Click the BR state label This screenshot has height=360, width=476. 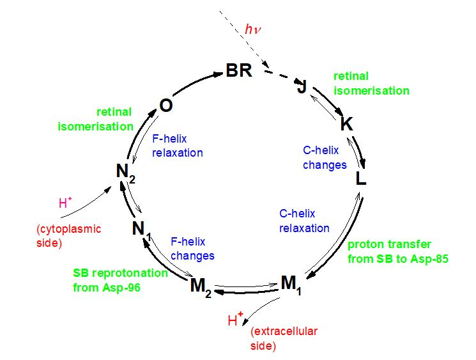(x=239, y=70)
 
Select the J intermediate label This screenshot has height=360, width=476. (x=302, y=87)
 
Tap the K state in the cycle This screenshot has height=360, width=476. (x=346, y=124)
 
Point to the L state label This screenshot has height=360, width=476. (x=361, y=178)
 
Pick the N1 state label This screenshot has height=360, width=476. (x=142, y=228)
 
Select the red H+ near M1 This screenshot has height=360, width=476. (x=236, y=320)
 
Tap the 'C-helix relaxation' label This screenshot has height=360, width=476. (x=305, y=221)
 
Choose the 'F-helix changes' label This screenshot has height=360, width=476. (x=192, y=248)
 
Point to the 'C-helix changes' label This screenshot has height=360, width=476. (x=325, y=158)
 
